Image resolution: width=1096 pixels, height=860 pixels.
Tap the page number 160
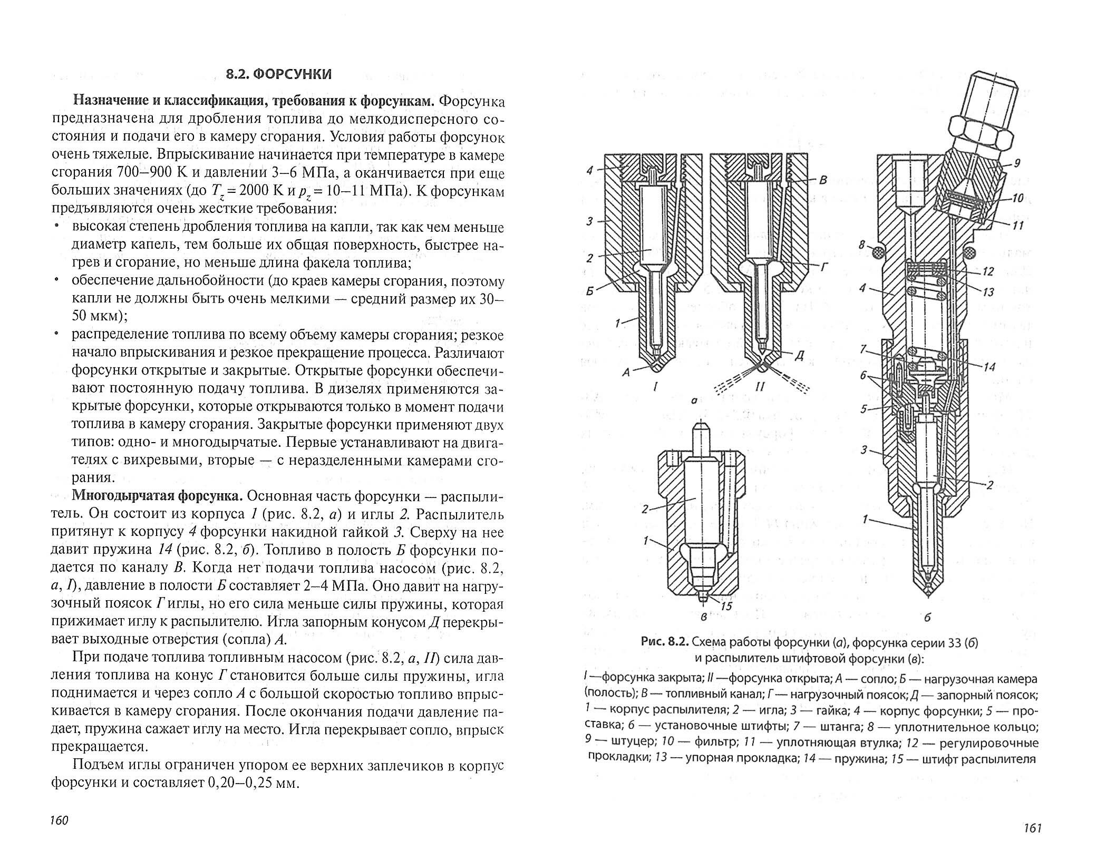[59, 821]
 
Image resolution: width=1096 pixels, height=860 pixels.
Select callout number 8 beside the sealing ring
[861, 245]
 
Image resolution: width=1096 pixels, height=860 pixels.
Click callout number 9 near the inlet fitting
[1017, 164]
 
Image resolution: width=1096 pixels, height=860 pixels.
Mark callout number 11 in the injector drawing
[1018, 226]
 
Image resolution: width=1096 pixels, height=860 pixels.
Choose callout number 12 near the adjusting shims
[988, 272]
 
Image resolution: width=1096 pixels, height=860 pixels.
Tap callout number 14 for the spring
[989, 366]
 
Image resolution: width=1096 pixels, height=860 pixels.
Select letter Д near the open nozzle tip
[799, 356]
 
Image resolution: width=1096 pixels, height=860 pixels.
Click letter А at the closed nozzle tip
[626, 372]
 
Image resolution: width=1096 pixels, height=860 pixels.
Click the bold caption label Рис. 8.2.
[664, 642]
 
